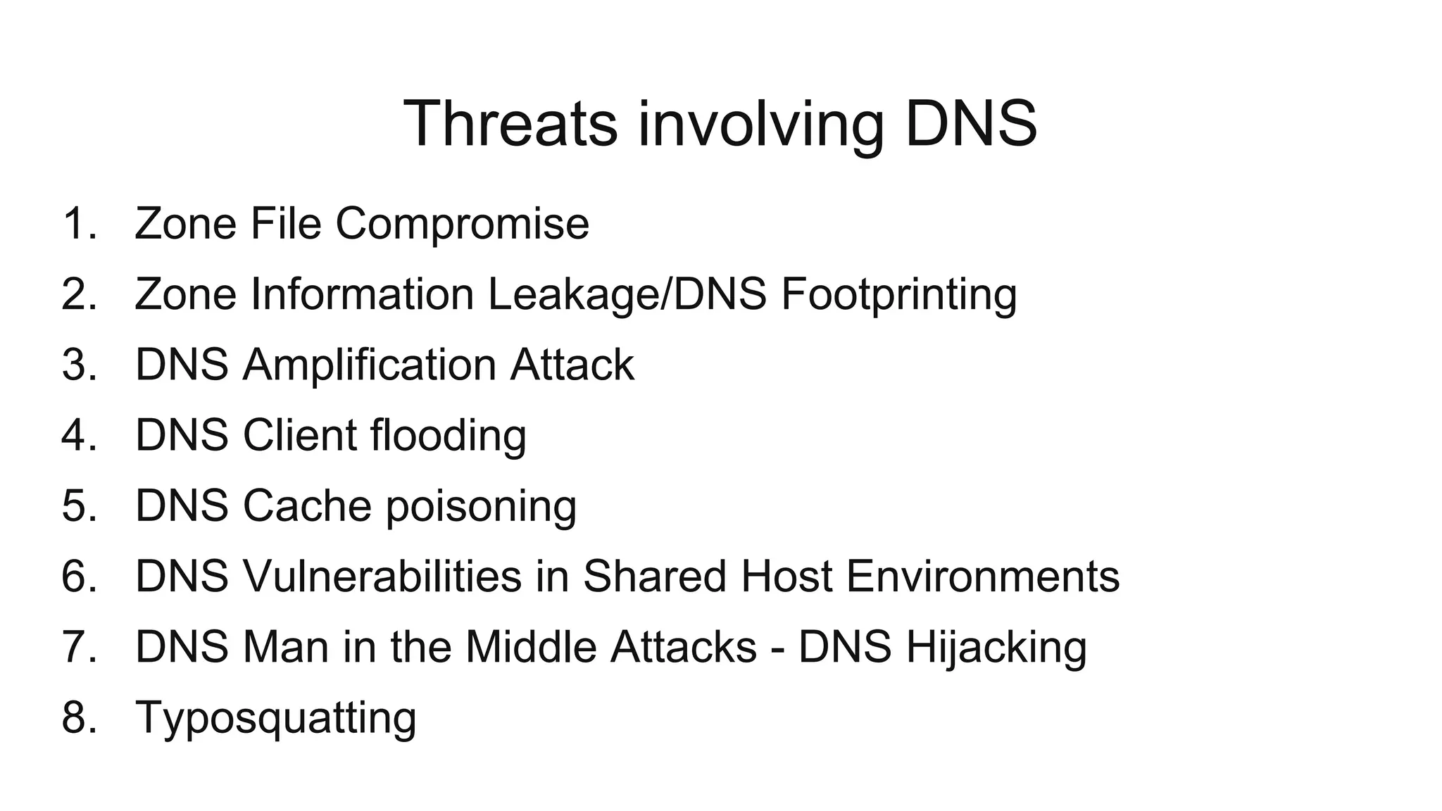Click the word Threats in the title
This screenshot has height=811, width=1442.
click(510, 124)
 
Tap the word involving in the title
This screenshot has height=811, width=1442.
click(760, 125)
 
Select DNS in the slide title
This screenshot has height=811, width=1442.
click(971, 124)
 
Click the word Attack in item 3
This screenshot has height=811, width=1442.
click(572, 365)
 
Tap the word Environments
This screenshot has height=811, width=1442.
click(982, 577)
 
